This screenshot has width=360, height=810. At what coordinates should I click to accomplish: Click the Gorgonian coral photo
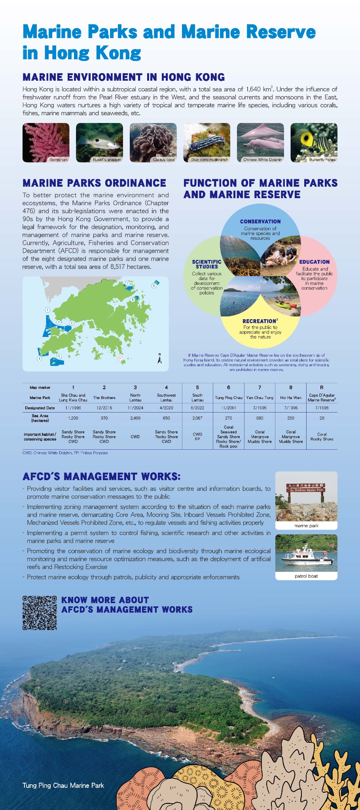pyautogui.click(x=46, y=142)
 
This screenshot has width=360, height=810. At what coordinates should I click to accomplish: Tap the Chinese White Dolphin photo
pyautogui.click(x=260, y=142)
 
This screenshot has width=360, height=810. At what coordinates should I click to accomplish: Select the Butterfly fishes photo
pyautogui.click(x=314, y=142)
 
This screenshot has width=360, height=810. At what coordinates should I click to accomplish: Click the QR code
pyautogui.click(x=40, y=613)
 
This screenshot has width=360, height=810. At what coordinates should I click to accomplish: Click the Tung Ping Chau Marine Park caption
pyautogui.click(x=63, y=785)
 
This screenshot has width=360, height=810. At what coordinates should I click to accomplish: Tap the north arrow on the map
pyautogui.click(x=160, y=358)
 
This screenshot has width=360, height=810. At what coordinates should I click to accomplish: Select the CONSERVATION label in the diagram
pyautogui.click(x=260, y=221)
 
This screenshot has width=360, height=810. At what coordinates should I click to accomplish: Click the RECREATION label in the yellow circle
pyautogui.click(x=260, y=321)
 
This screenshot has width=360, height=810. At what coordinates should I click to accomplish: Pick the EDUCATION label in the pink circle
pyautogui.click(x=315, y=262)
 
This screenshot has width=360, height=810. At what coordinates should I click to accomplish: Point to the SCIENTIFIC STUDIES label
pyautogui.click(x=207, y=264)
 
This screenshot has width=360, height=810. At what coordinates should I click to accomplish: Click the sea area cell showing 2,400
pyautogui.click(x=135, y=418)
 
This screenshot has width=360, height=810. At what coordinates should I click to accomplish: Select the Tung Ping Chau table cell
pyautogui.click(x=228, y=397)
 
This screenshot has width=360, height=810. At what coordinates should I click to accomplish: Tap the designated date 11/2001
pyautogui.click(x=228, y=408)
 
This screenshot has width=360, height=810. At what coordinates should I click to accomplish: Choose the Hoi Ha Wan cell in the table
pyautogui.click(x=291, y=397)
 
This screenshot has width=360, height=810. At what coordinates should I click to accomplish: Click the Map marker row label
pyautogui.click(x=40, y=388)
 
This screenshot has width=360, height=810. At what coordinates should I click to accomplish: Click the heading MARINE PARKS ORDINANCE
pyautogui.click(x=95, y=183)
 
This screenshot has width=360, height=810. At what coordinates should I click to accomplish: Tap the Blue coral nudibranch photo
pyautogui.click(x=207, y=142)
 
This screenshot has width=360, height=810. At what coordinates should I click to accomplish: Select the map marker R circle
pyautogui.click(x=120, y=358)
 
